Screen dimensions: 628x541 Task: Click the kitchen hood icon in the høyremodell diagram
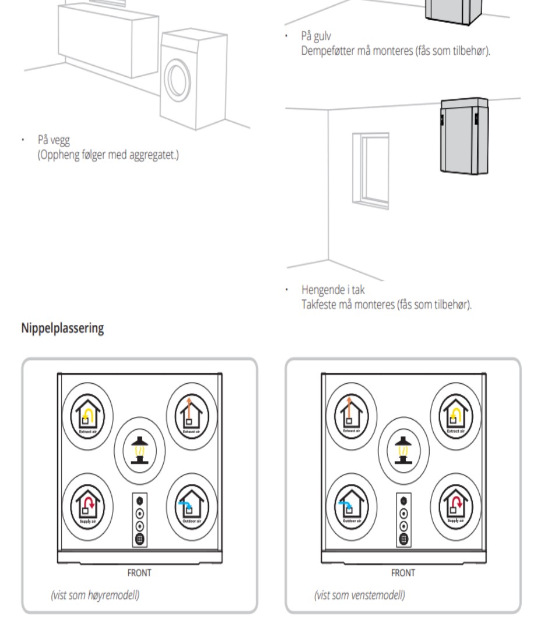click(139, 449)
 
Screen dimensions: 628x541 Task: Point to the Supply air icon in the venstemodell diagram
click(456, 499)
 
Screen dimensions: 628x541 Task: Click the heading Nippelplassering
click(63, 329)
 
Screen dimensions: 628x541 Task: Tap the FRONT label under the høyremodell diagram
click(139, 573)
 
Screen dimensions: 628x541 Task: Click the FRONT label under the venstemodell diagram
click(403, 573)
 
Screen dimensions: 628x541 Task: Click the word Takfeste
click(318, 301)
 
